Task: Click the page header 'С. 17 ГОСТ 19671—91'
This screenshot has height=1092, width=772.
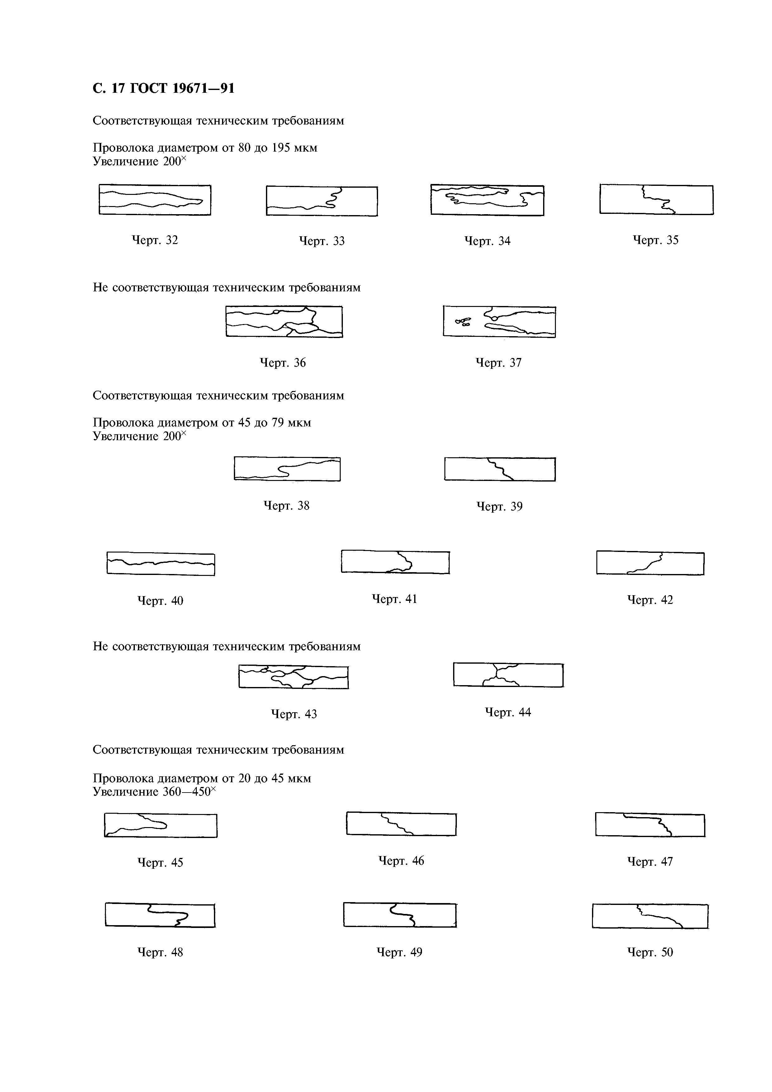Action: coord(163,88)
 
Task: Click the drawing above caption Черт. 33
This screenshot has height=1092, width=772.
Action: coord(322,201)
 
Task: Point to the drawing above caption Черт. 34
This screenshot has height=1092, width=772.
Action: coord(487,200)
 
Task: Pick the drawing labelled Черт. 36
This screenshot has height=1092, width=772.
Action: coord(284,322)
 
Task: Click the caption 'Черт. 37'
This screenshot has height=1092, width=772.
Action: coord(499,363)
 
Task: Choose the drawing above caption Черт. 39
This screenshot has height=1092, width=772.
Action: coord(500,469)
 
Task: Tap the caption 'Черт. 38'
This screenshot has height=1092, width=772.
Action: coord(287,506)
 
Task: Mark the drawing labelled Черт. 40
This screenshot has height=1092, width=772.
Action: coord(161,564)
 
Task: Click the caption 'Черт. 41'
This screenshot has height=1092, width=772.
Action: coord(394,599)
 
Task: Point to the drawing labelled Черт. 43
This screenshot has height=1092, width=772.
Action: coord(293,677)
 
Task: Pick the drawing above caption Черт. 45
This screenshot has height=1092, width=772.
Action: coord(160,825)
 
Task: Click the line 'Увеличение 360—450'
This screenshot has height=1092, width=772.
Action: coord(154,792)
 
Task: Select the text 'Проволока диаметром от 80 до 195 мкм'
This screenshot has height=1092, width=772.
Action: coord(205,148)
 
